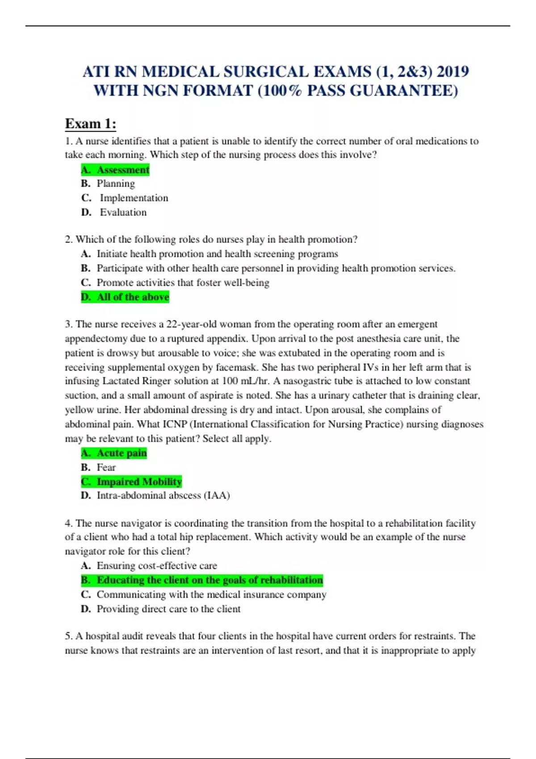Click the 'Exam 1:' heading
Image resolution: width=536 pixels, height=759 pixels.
pos(91,124)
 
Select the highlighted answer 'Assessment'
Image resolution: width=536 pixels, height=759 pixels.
pos(115,170)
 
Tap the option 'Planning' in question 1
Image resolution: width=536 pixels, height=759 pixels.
pos(115,183)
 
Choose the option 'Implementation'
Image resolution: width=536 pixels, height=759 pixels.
pos(134,198)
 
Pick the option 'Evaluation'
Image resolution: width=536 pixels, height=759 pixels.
pos(123,212)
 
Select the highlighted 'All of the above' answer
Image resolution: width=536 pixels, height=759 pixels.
pos(125,297)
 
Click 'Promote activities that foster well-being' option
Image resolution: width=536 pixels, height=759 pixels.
pos(183,283)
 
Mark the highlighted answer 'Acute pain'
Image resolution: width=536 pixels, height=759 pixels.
pos(114,453)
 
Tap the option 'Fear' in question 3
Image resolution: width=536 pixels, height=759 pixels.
pos(106,467)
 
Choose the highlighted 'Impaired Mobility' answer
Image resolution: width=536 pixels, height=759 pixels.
pos(131,482)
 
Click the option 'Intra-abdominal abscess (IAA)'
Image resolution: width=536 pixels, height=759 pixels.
pos(163,496)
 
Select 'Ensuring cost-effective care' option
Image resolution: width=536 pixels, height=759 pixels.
pos(157,566)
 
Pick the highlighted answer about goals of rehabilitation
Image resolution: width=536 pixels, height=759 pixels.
pos(202,580)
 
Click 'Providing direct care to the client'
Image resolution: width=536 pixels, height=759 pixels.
pos(168,609)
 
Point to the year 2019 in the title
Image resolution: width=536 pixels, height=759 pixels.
pos(452,72)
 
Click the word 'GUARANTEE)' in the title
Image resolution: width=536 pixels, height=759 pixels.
pos(404,91)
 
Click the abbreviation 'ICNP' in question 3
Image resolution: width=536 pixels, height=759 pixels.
pos(174,424)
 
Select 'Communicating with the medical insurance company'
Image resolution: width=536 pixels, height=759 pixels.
pos(211,595)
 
